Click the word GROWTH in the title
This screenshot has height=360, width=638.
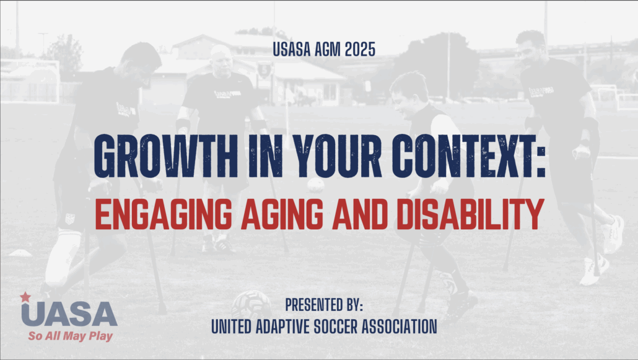pyautogui.click(x=165, y=156)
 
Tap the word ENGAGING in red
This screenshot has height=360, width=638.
pyautogui.click(x=164, y=214)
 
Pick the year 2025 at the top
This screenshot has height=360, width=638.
pyautogui.click(x=360, y=50)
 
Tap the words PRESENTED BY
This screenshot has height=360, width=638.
pyautogui.click(x=324, y=305)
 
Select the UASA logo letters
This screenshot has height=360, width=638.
pyautogui.click(x=69, y=314)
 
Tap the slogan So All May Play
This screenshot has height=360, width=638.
pyautogui.click(x=71, y=336)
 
